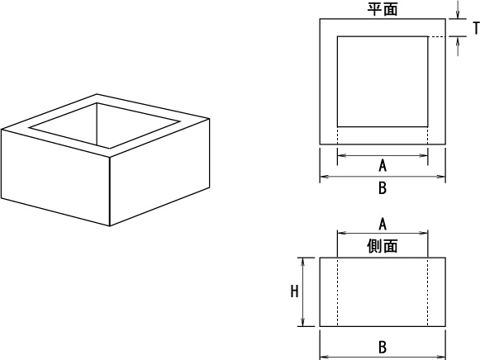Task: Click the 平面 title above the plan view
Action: [x=383, y=9]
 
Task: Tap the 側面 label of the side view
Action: [x=383, y=246]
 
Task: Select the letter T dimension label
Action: [x=476, y=28]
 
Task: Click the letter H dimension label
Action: [x=294, y=291]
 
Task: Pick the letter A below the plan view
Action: [x=383, y=166]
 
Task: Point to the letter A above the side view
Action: [x=383, y=225]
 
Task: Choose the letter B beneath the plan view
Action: [x=383, y=187]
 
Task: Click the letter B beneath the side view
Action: [x=383, y=348]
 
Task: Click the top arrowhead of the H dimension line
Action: [x=302, y=262]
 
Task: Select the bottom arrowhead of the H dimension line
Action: [x=302, y=322]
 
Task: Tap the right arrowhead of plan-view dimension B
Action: [x=441, y=177]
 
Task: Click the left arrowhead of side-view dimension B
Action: [x=325, y=357]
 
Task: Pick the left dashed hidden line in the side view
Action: [x=337, y=291]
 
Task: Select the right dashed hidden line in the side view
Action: [x=428, y=291]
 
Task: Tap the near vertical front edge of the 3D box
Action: [x=110, y=192]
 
